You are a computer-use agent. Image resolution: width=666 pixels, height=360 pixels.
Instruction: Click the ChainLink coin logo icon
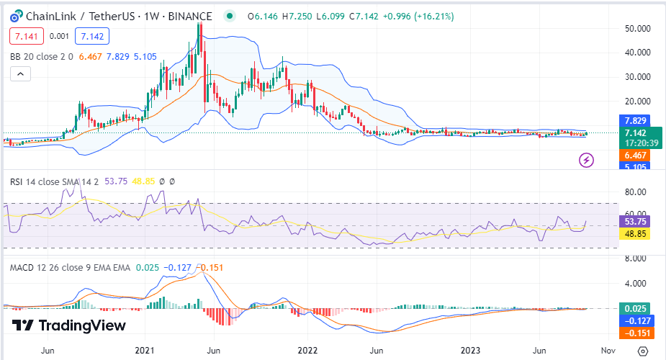12,16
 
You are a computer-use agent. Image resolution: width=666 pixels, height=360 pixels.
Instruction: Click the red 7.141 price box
27,36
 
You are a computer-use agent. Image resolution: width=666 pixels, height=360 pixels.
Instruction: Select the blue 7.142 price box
91,36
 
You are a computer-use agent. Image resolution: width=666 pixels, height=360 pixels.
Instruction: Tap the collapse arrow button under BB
19,73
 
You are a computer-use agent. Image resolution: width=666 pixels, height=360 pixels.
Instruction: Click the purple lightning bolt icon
587,160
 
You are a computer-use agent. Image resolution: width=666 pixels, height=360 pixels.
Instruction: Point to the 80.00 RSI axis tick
634,193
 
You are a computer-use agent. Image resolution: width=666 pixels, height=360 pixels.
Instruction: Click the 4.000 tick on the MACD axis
634,283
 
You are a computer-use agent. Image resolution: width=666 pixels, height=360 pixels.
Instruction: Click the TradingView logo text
69,325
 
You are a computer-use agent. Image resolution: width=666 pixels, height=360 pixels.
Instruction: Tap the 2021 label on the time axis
146,351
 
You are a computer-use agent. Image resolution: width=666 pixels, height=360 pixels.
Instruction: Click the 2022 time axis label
307,351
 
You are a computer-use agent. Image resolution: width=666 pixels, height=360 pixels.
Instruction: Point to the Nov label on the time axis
608,351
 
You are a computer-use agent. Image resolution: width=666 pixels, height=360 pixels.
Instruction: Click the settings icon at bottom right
643,351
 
